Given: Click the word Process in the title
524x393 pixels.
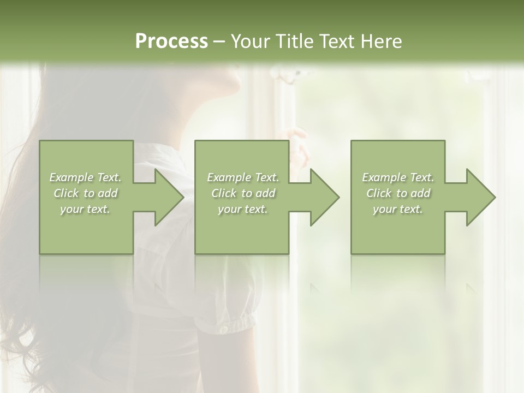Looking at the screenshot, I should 171,41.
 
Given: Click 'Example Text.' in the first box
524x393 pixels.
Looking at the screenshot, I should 85,177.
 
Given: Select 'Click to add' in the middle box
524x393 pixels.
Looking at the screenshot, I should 243,193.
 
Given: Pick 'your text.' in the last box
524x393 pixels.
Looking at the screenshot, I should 398,209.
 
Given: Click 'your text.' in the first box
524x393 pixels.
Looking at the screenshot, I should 85,209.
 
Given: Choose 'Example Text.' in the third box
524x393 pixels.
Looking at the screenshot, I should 398,177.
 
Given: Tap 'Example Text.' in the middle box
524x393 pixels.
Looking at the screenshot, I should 243,177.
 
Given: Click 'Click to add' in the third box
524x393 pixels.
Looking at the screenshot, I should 398,193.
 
